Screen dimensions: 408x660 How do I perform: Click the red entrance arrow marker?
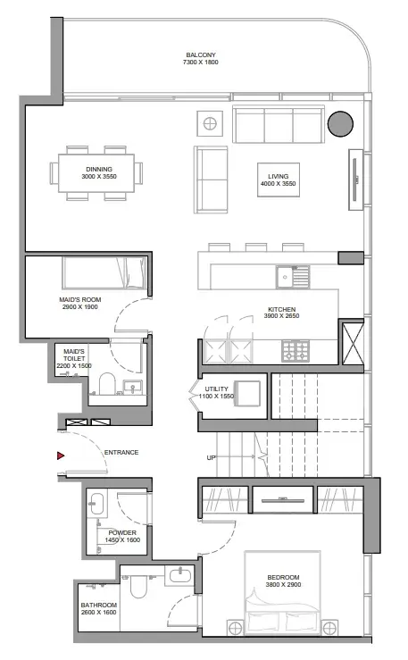coord(61,455)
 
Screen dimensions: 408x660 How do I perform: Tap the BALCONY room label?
coord(201,54)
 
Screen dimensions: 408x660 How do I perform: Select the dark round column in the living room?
coord(340,124)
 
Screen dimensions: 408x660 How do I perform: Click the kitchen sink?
coord(293,277)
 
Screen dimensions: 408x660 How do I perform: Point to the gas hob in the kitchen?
coord(296,351)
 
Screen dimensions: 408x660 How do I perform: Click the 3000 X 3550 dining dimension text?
coord(99,176)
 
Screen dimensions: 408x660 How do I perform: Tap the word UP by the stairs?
coord(212,457)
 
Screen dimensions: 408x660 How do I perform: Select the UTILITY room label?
coord(216,388)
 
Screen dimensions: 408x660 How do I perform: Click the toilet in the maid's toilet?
coord(107,383)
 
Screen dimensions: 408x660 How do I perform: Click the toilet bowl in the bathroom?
coord(138,586)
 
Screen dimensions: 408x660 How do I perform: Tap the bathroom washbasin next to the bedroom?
coord(179,575)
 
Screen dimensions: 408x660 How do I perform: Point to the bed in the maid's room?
coord(104,272)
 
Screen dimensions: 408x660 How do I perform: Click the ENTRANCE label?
coord(121,453)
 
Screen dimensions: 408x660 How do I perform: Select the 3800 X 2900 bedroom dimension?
coord(283,585)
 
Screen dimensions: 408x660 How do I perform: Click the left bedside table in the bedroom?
coord(236,628)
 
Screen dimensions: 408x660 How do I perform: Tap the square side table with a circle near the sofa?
coord(210,123)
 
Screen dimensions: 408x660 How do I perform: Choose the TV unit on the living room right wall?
coord(355,180)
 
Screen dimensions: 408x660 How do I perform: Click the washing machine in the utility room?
coord(247,394)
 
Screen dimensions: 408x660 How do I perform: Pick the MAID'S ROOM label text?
coord(80,300)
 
